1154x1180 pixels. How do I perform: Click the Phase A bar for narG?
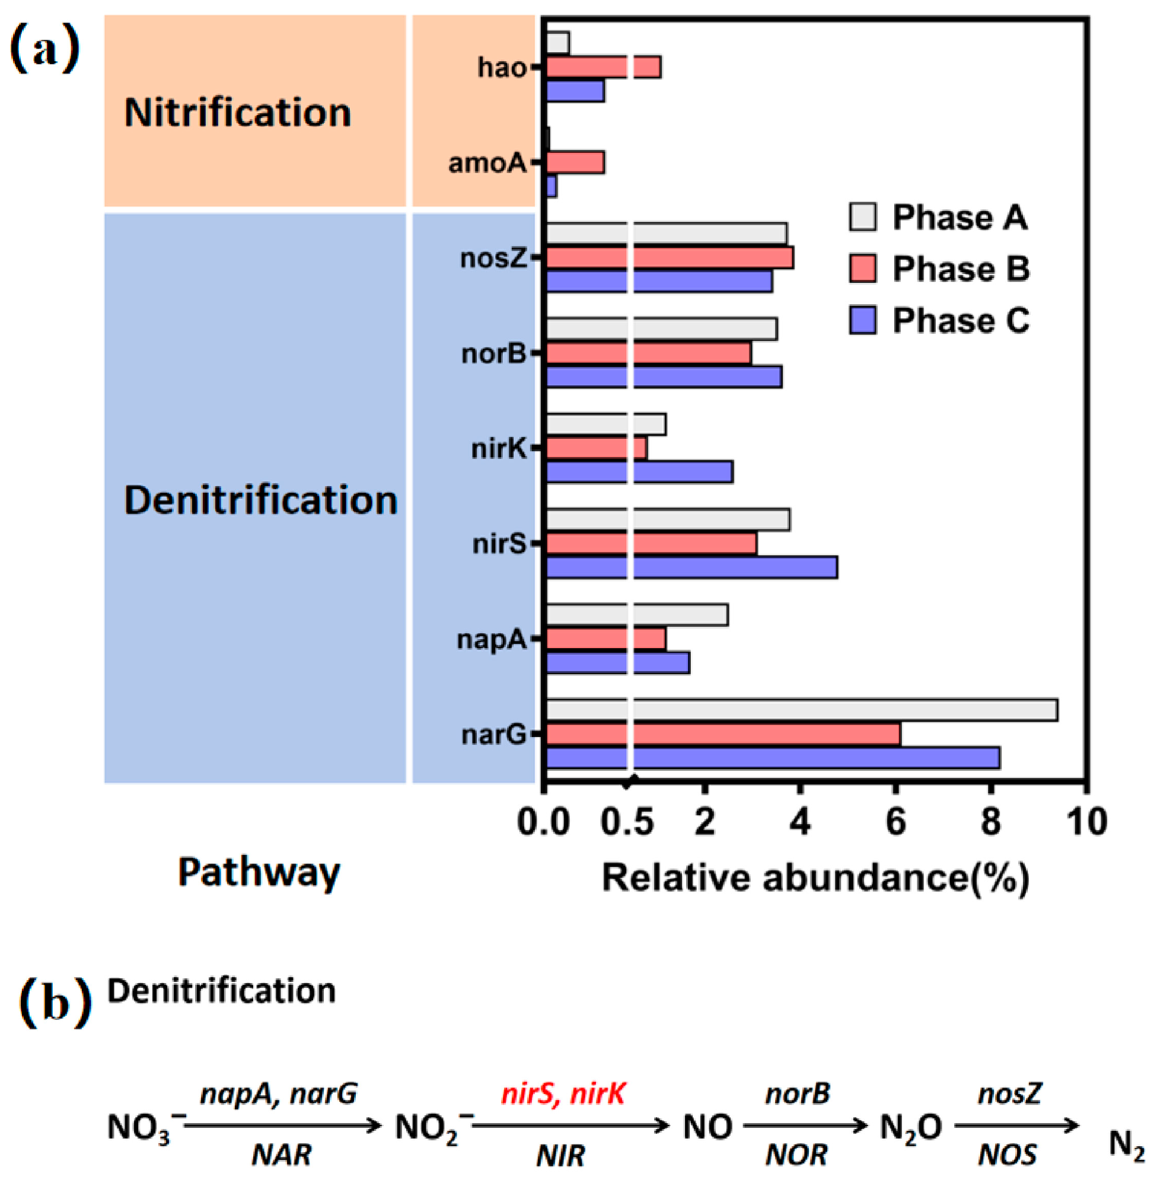pos(801,710)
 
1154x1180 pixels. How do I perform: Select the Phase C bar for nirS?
pos(691,568)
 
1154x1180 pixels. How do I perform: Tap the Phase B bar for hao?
pos(603,67)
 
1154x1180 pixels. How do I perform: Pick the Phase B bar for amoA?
pos(575,162)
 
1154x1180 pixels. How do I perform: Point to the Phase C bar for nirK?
pos(639,472)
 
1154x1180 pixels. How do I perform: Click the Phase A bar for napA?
pos(637,615)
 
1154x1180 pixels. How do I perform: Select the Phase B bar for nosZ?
pos(670,258)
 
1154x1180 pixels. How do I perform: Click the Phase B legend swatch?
pos(862,269)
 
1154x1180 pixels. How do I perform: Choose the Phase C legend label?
pos(961,321)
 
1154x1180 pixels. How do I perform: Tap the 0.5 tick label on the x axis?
pos(627,822)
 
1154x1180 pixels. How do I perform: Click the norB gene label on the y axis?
pos(493,354)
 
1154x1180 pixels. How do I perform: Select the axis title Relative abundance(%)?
pos(815,877)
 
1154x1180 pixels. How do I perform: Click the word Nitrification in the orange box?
pos(238,113)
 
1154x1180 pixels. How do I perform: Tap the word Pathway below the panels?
pos(259,873)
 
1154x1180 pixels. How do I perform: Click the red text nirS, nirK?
pos(563,1092)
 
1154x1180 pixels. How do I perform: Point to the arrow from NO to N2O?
pos(805,1126)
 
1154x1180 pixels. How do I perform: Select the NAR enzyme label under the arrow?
pos(282,1155)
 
